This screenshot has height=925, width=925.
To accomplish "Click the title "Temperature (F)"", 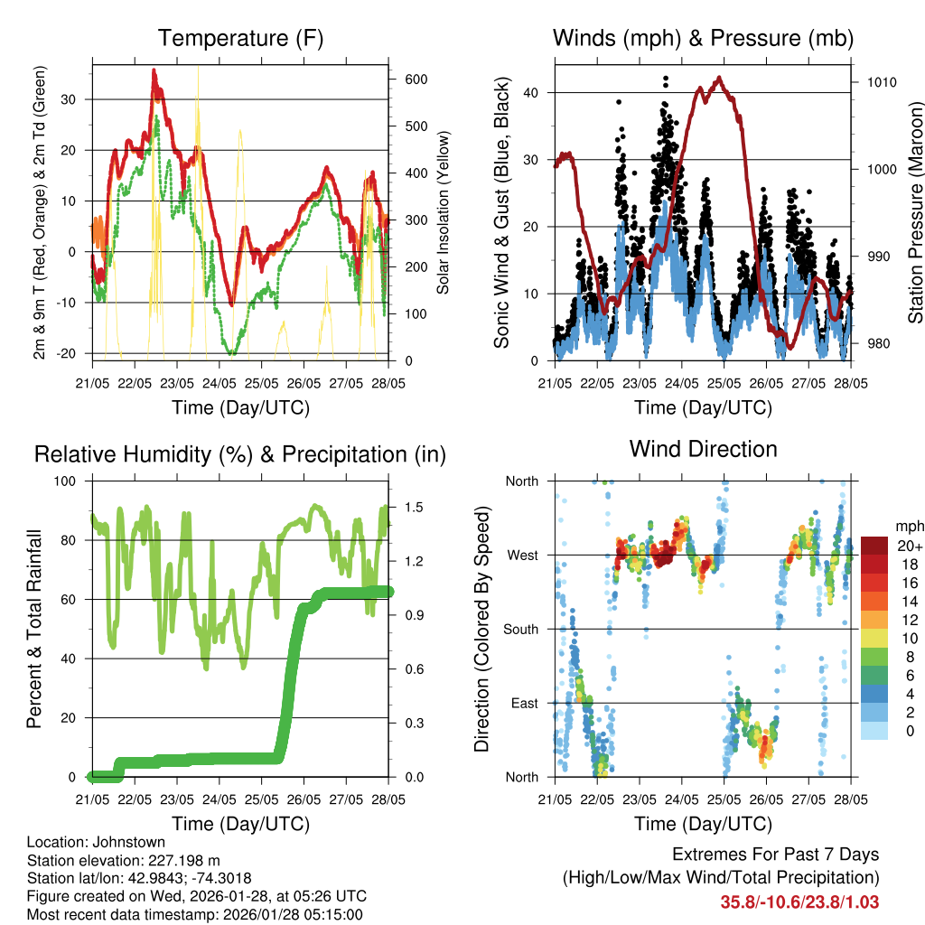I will (x=239, y=39).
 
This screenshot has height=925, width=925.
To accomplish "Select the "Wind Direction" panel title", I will (x=703, y=448).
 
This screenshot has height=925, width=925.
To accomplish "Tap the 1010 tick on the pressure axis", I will (x=881, y=82).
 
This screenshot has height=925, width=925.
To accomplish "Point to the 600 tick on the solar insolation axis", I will (x=416, y=79).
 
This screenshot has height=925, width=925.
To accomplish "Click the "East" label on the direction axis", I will (x=522, y=703).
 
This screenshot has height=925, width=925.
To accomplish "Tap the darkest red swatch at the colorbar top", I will (x=874, y=546).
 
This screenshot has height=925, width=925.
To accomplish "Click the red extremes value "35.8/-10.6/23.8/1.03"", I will (x=799, y=902).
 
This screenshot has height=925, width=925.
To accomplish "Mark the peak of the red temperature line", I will (x=154, y=70).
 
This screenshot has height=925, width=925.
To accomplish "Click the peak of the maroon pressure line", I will (x=719, y=78).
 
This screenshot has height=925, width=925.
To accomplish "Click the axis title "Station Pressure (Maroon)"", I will (x=915, y=213).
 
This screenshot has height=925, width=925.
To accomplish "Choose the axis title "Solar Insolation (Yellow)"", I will (x=443, y=213).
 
